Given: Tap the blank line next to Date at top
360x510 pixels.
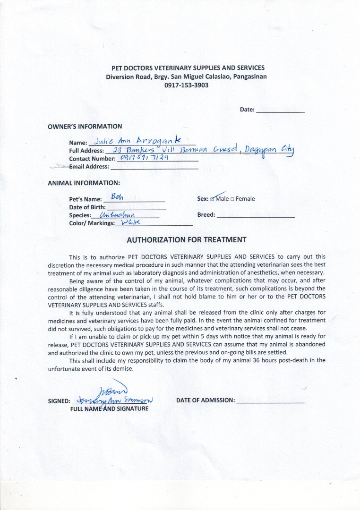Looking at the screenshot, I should coord(280,110).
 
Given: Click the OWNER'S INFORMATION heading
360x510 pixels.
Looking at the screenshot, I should coord(85,127).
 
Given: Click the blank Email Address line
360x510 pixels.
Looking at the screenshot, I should coord(154,167).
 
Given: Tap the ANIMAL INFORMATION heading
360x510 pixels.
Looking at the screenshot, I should coord(84,183).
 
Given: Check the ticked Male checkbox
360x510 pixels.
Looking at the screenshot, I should coord(214,199).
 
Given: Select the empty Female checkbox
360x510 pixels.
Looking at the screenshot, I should coord(233,199).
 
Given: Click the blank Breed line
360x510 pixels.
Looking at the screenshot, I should coord(256,215).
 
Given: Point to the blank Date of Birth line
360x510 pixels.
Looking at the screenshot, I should coord(137,207).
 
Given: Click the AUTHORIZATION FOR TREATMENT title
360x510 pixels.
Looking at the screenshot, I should coord(186,240).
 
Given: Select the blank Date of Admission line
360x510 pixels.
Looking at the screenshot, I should coord(270,401).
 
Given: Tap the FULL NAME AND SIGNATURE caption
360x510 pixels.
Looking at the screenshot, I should coord(109,408).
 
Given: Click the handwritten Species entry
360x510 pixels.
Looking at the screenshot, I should coord(115,215).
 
